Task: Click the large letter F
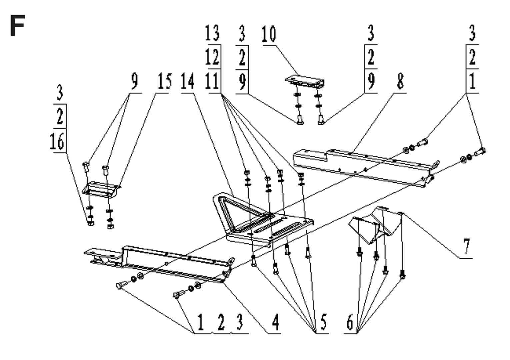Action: tap(17, 26)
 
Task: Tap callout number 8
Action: tap(400, 81)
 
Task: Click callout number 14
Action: tap(188, 81)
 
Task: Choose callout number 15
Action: tap(164, 81)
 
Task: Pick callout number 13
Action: tap(212, 33)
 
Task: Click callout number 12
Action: tap(212, 57)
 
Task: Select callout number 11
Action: tap(212, 81)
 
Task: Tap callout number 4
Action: tap(275, 322)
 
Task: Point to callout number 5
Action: tap(323, 322)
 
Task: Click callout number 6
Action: tap(350, 322)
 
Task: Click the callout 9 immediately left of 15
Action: tap(134, 81)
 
